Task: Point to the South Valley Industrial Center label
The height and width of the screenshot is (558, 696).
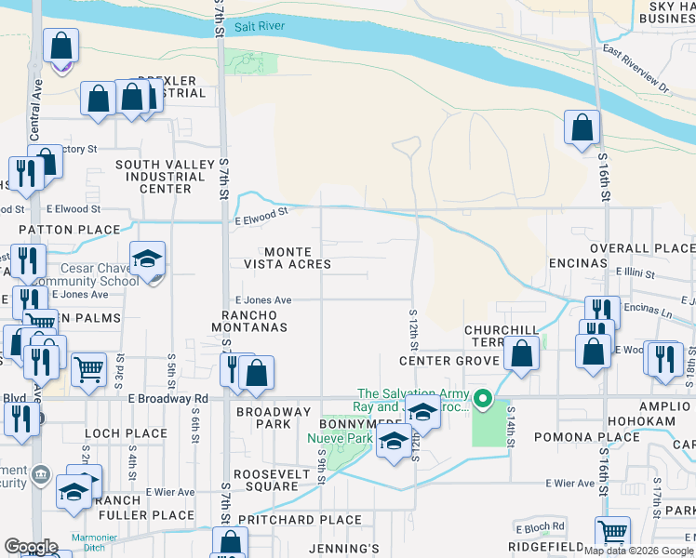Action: tap(154, 177)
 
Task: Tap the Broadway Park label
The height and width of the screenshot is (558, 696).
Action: tap(273, 418)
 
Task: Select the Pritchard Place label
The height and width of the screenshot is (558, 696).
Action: tap(300, 520)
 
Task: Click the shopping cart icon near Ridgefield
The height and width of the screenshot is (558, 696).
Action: tap(612, 533)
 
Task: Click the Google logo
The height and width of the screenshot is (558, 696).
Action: tap(31, 547)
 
